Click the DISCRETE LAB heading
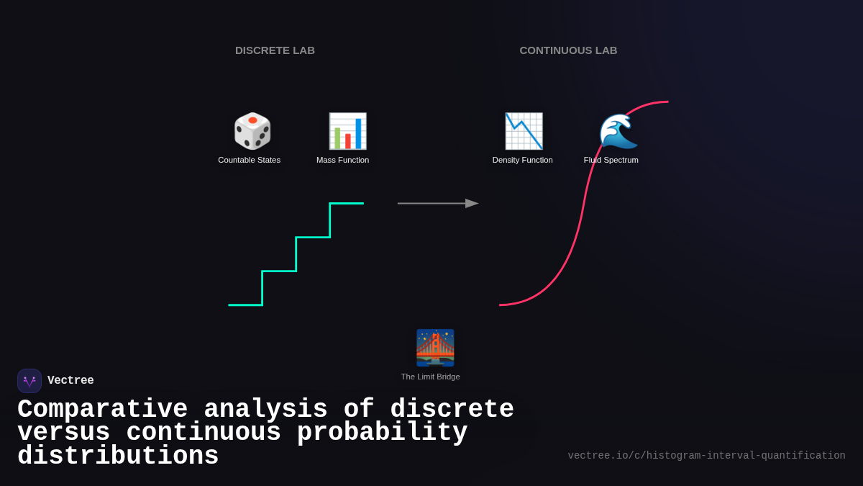pos(275,50)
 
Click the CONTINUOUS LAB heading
pos(568,50)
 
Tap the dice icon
pos(252,131)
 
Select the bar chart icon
pos(347,131)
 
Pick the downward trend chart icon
pos(524,131)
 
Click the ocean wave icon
pos(618,131)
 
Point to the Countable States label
pos(249,160)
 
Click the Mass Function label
pos(342,160)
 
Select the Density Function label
pos(522,160)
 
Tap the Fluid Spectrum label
pos(611,160)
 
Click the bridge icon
pos(435,348)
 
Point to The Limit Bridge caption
pos(430,377)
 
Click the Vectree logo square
pos(29,381)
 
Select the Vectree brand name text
pos(70,381)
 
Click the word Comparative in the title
pos(102,410)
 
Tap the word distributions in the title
pos(118,456)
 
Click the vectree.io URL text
pos(706,456)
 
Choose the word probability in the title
pos(382,433)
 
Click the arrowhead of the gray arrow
pos(472,203)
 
